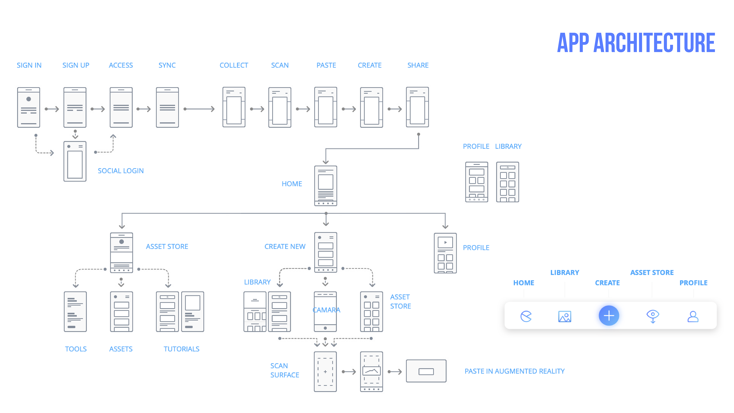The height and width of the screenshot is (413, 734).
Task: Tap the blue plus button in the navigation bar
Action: [609, 315]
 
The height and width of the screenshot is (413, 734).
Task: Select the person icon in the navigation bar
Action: [693, 316]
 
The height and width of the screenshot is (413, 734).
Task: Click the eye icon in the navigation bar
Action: [653, 316]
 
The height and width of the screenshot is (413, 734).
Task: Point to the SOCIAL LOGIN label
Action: [121, 171]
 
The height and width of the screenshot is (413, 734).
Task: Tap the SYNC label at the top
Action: [167, 65]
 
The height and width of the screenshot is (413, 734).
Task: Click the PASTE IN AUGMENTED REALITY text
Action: [514, 371]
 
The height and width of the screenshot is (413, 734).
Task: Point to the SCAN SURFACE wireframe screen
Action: [325, 371]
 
